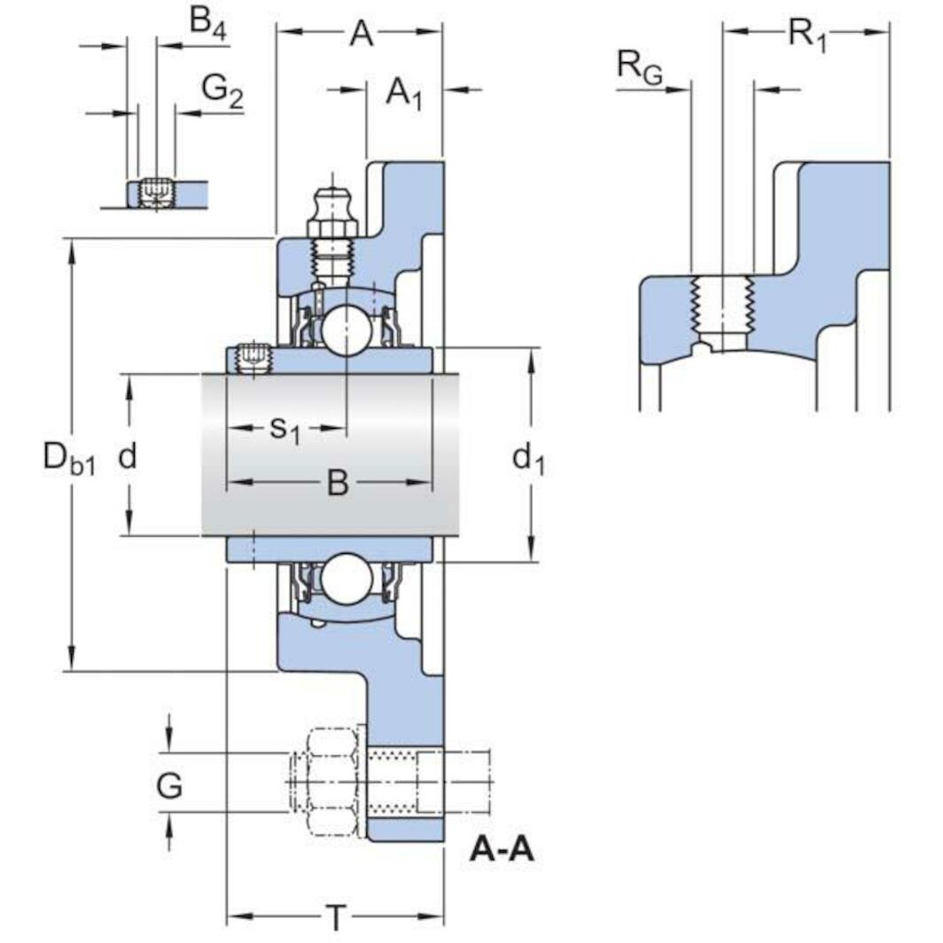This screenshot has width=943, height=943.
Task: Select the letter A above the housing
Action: tap(361, 34)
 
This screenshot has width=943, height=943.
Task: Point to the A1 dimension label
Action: tap(404, 92)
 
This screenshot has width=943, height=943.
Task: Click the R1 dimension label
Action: tap(807, 35)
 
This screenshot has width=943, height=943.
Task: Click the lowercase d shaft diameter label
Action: tap(129, 456)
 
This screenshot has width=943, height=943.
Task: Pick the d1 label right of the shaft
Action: tap(529, 458)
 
